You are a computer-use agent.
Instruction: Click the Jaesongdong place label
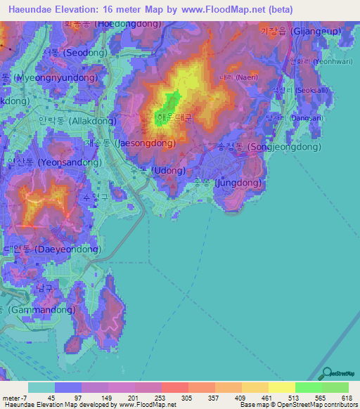(130, 143)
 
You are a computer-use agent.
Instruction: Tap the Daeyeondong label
(41, 249)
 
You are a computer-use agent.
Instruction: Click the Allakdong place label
(56, 122)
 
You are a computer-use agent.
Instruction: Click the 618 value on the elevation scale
(346, 398)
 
